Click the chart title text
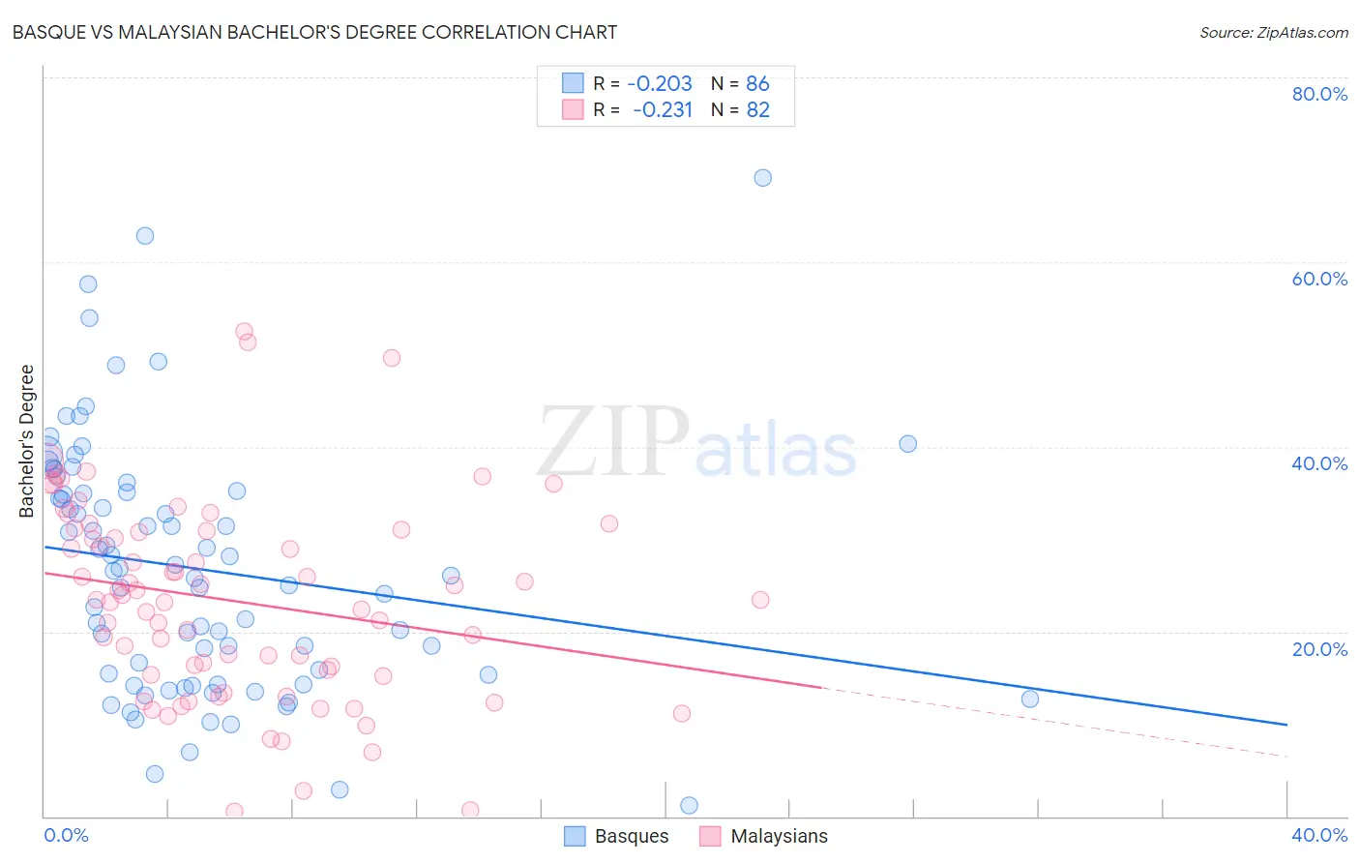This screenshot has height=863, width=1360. point(314,32)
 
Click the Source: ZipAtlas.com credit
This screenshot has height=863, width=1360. point(1273,33)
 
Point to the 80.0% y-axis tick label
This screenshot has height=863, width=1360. point(1319,94)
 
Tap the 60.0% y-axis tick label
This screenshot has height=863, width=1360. point(1319,279)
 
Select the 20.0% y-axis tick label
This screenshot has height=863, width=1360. point(1319,649)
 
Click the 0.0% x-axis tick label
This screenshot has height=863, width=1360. point(66,835)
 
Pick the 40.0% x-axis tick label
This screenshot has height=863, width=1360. point(1319,835)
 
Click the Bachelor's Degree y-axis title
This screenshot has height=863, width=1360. point(27,441)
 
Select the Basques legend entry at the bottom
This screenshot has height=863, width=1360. point(616,836)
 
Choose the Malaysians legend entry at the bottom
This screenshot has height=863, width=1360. point(764,836)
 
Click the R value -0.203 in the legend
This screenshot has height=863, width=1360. point(660,83)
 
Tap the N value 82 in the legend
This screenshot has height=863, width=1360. point(757,109)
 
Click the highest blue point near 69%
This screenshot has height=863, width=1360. point(762,178)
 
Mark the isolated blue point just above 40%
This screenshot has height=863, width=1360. point(907,444)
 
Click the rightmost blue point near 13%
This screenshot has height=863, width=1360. point(1029,699)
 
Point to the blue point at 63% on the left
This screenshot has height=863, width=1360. point(144,236)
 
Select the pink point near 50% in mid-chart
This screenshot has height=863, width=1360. point(391,358)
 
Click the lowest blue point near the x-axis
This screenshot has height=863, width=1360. point(689,805)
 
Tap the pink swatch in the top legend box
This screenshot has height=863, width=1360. point(573,109)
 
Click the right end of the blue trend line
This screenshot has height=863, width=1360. point(1286,724)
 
